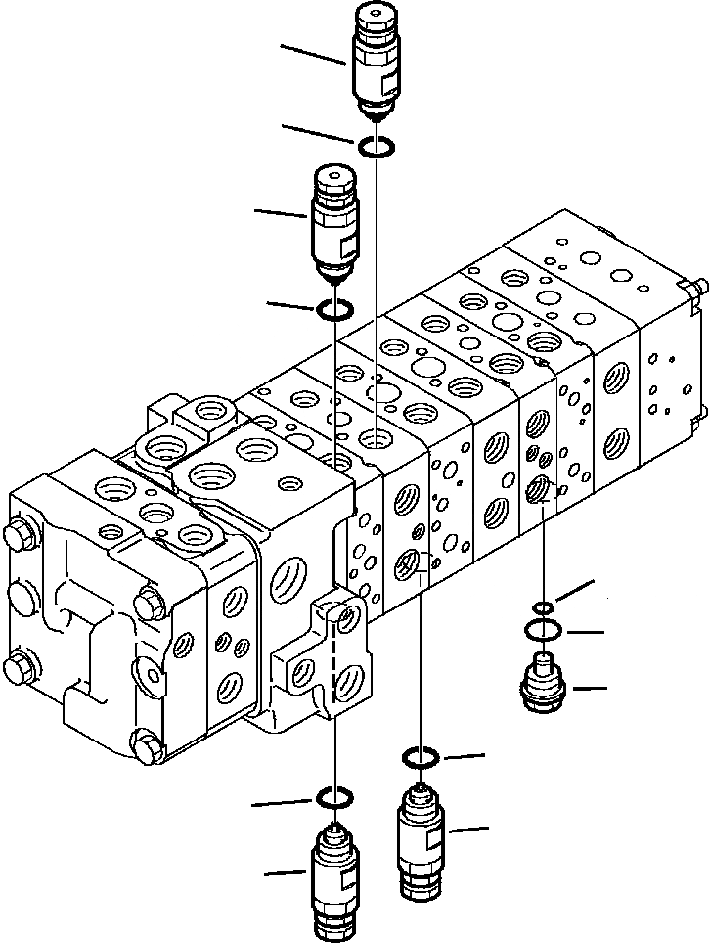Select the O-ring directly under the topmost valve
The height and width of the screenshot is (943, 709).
tap(377, 147)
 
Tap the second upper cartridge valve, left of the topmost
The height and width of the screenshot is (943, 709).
tap(334, 220)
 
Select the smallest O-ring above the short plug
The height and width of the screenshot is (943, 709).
tap(543, 608)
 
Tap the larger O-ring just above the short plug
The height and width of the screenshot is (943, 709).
tap(543, 628)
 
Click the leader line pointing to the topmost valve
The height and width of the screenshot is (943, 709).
tap(313, 54)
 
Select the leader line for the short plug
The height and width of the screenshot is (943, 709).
tap(590, 689)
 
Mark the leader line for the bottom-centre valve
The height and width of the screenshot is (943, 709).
tap(468, 831)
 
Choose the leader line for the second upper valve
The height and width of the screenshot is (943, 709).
tap(282, 212)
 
